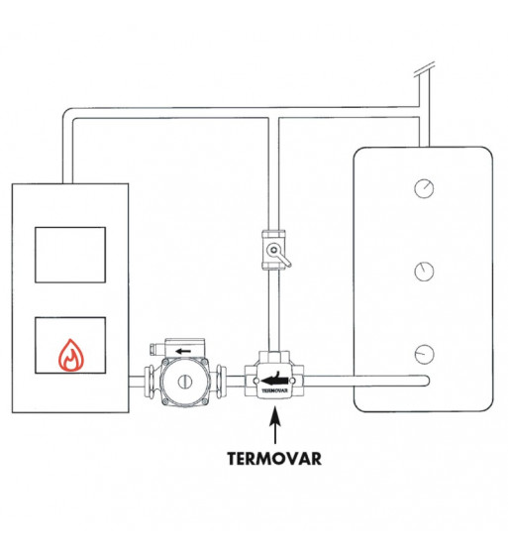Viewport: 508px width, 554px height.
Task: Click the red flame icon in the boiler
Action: click(x=71, y=355)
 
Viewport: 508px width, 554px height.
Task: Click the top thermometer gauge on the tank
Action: click(x=424, y=188)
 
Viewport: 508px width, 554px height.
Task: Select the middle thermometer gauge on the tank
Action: click(x=424, y=272)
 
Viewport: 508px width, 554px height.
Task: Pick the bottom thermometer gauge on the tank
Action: click(x=424, y=354)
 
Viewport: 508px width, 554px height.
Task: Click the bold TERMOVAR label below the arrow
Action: click(x=274, y=459)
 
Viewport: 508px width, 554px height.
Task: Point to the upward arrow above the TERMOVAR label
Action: click(x=275, y=425)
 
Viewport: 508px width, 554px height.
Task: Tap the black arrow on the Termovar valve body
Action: click(x=273, y=380)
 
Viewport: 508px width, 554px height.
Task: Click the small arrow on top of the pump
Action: click(x=183, y=351)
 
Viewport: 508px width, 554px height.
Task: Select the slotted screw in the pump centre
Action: click(x=184, y=382)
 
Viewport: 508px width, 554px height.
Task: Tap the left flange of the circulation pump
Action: click(x=149, y=383)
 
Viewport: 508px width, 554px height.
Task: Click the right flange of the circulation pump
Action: click(x=222, y=383)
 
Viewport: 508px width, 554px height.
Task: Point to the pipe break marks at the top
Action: click(x=424, y=69)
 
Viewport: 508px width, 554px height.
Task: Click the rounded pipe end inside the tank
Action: click(x=426, y=381)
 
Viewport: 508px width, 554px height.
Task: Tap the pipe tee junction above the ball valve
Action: click(x=273, y=117)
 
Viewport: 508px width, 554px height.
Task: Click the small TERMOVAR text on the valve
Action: click(x=274, y=390)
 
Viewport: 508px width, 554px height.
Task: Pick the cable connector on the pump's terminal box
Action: click(x=154, y=349)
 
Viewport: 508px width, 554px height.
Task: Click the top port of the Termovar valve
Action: click(x=274, y=355)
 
